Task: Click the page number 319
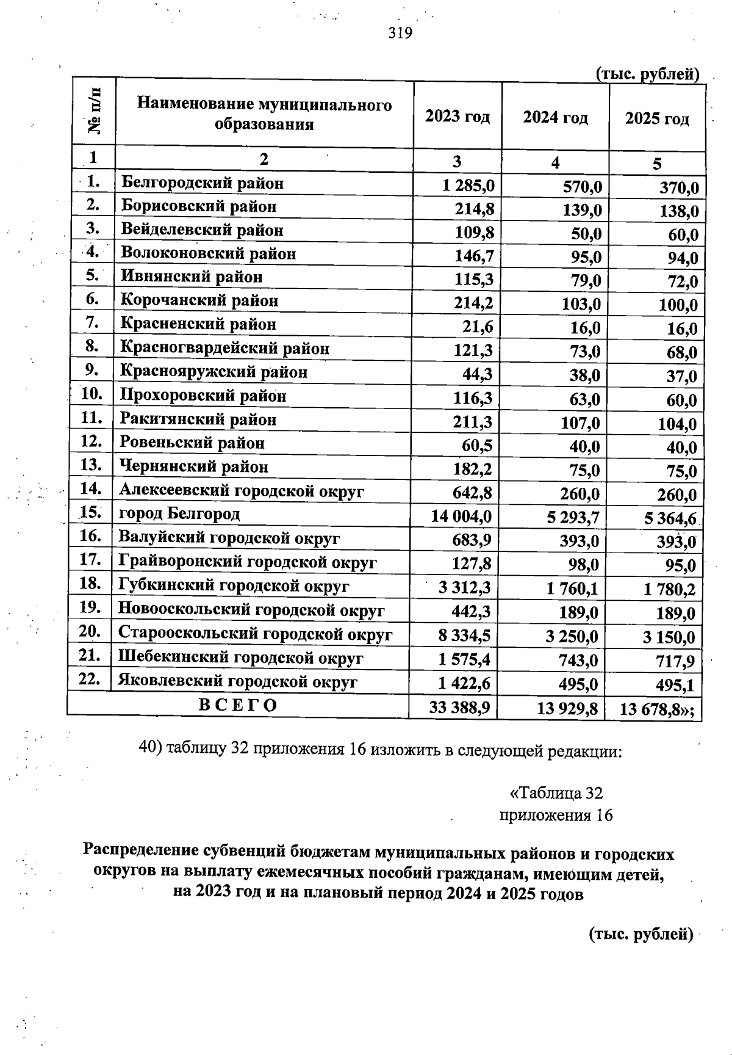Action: [401, 33]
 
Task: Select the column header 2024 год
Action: [555, 118]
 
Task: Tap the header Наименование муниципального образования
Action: [264, 115]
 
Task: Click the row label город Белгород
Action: [179, 514]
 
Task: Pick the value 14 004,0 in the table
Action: [461, 517]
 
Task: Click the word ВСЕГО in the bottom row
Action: [239, 705]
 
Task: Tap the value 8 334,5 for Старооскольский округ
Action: [464, 636]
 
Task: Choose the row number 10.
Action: [91, 394]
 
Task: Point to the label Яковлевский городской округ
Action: [238, 681]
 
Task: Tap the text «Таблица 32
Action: [556, 793]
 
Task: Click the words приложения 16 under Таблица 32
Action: [556, 816]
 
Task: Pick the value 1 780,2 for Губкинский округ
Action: [669, 590]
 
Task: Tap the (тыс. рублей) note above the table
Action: [647, 74]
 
